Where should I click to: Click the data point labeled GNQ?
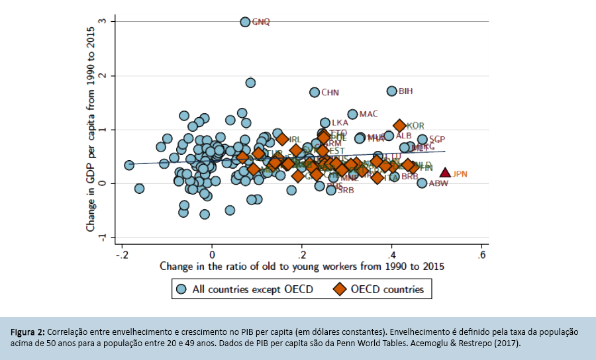click(x=245, y=22)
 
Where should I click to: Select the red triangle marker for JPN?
click(x=446, y=173)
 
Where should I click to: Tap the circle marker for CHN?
click(x=315, y=92)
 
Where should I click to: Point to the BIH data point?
click(x=391, y=91)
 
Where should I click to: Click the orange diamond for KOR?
click(x=399, y=125)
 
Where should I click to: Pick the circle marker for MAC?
click(x=352, y=114)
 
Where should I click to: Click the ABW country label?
click(x=438, y=183)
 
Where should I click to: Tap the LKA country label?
click(x=340, y=122)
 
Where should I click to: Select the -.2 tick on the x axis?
click(x=121, y=255)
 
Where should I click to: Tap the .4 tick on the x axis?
click(x=391, y=255)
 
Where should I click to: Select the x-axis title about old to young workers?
click(x=301, y=267)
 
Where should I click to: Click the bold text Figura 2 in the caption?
click(x=28, y=331)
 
